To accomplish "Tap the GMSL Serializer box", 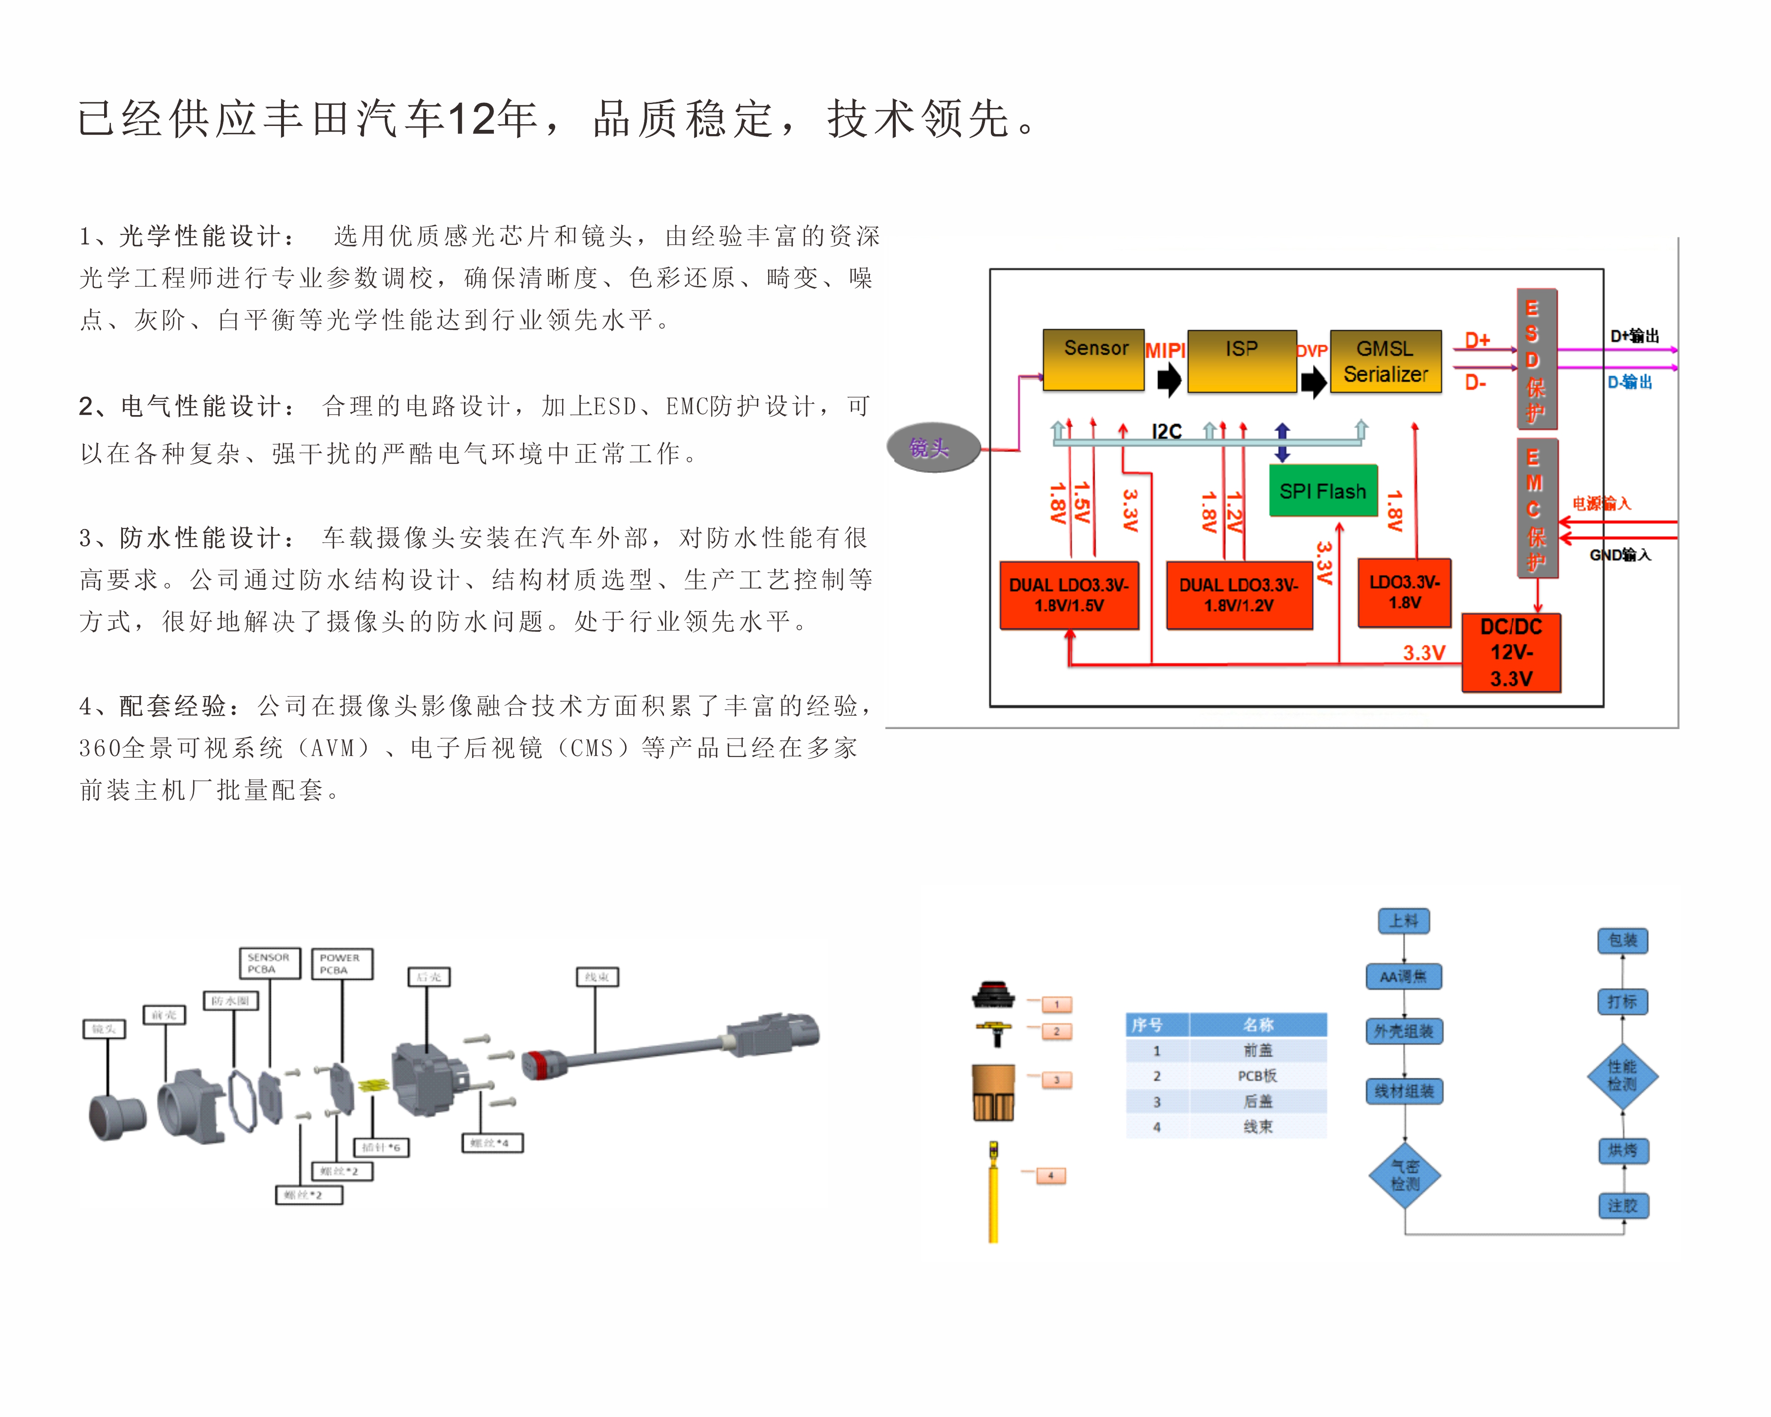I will coord(1385,362).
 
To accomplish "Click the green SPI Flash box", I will coord(1322,491).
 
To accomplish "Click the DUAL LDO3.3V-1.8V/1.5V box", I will coord(1069,595).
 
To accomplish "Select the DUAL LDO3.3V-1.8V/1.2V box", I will coord(1239,595).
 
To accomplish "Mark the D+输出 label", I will coord(1635,336).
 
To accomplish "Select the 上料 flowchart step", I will coord(1404,921).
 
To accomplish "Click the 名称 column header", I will coord(1258,1024).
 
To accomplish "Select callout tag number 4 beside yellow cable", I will coord(1050,1175).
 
